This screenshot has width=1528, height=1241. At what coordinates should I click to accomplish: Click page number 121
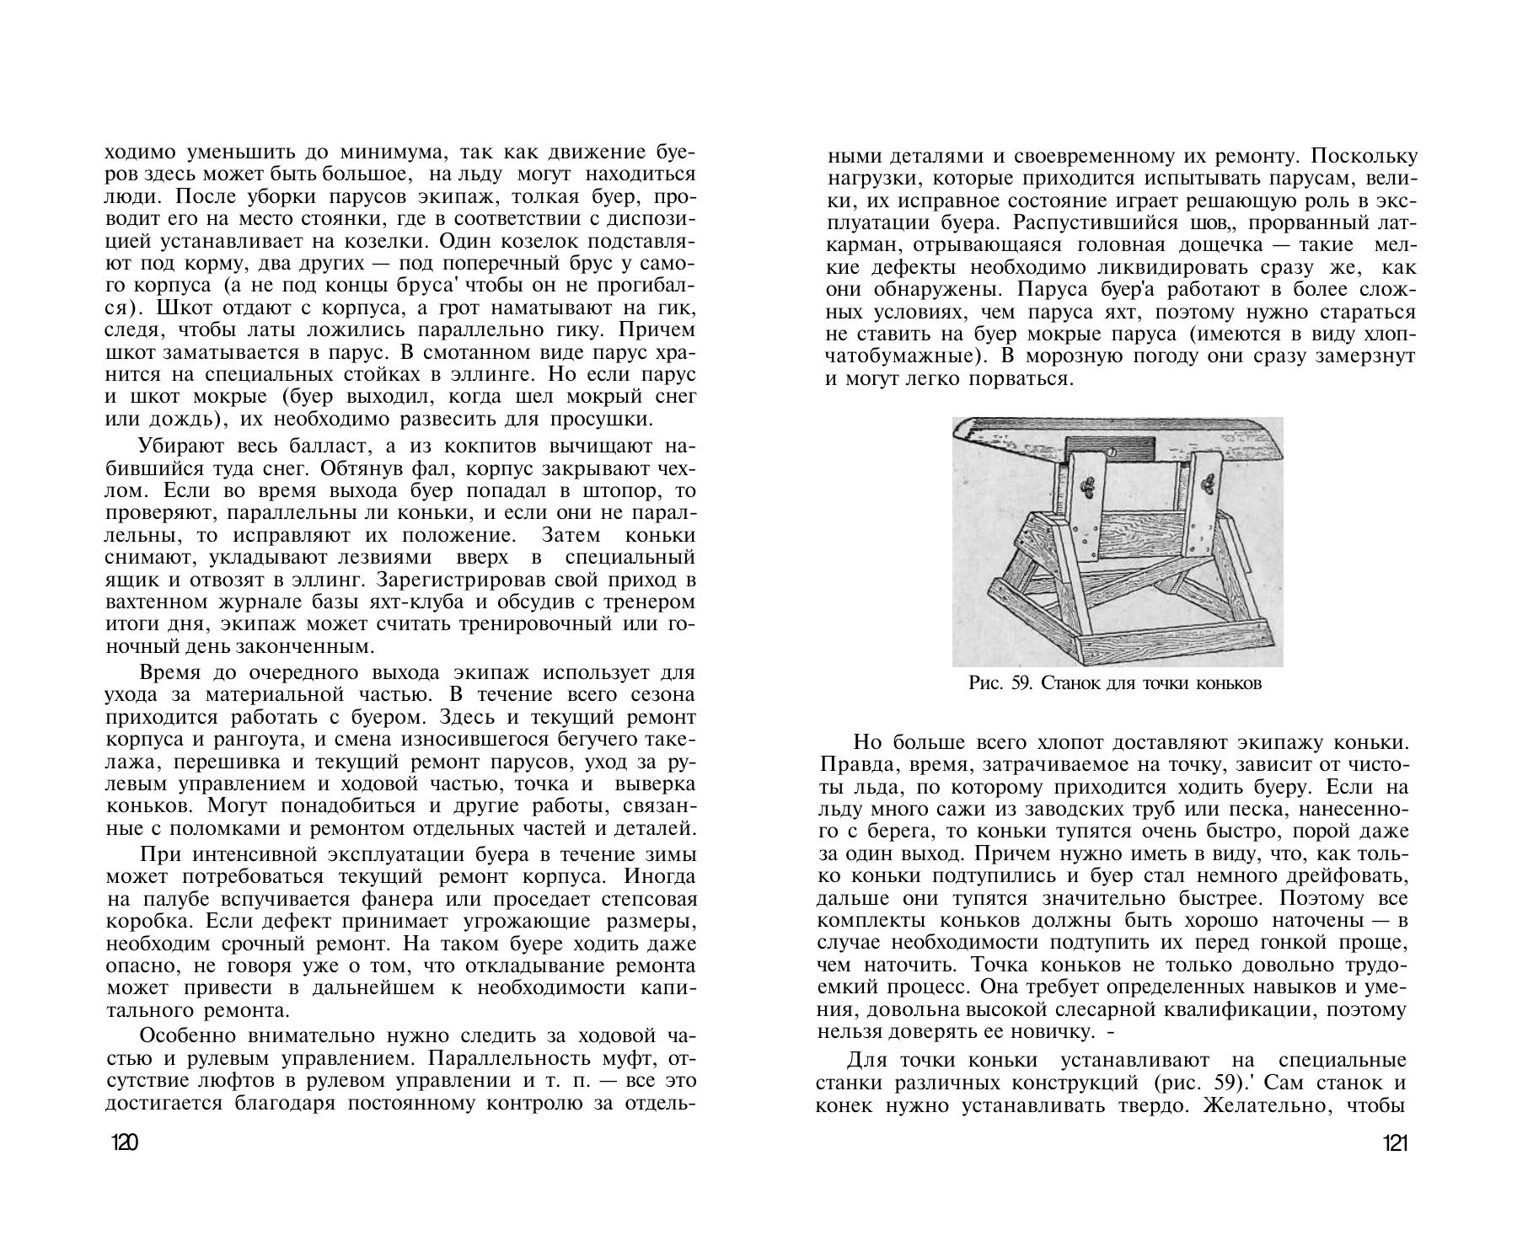(1395, 1143)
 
